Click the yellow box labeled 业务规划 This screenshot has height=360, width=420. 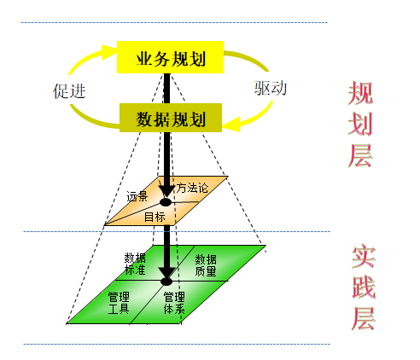coord(170,57)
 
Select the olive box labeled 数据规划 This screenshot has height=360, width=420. coord(171,118)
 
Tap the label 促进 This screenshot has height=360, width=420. coord(69,91)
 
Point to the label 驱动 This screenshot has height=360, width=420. coord(271,88)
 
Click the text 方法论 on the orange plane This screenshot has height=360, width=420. coord(192,188)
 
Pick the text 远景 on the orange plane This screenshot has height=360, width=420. coord(137,196)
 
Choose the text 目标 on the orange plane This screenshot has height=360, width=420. coord(155,217)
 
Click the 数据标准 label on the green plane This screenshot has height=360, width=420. coord(135,264)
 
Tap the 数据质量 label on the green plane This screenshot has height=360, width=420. coord(206,265)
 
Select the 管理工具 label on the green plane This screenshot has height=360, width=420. coord(119,303)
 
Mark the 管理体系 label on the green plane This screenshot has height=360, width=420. coord(174,303)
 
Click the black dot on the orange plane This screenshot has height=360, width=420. coord(166,202)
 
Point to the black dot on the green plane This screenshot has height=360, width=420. coord(166,282)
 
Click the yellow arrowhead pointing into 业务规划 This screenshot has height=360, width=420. coord(109,52)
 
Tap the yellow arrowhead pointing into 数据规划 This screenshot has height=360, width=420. coord(231,124)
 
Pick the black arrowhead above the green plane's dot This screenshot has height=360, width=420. coord(166,273)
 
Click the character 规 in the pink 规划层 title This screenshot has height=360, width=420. coord(360,93)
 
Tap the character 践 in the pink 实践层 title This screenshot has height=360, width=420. coord(364,287)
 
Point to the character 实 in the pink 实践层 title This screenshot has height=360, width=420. coord(364,256)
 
